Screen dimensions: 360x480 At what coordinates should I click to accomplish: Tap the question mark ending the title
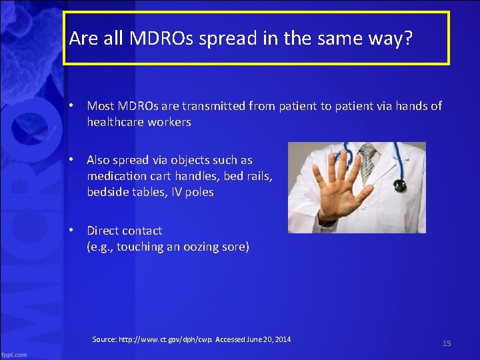pos(408,39)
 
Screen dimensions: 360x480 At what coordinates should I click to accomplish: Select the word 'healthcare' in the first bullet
pos(114,122)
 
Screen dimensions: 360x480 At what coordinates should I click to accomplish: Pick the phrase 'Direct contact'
pos(124,231)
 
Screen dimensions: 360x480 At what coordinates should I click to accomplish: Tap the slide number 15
pos(447,343)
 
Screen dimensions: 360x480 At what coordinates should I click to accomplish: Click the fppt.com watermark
pos(14,354)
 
